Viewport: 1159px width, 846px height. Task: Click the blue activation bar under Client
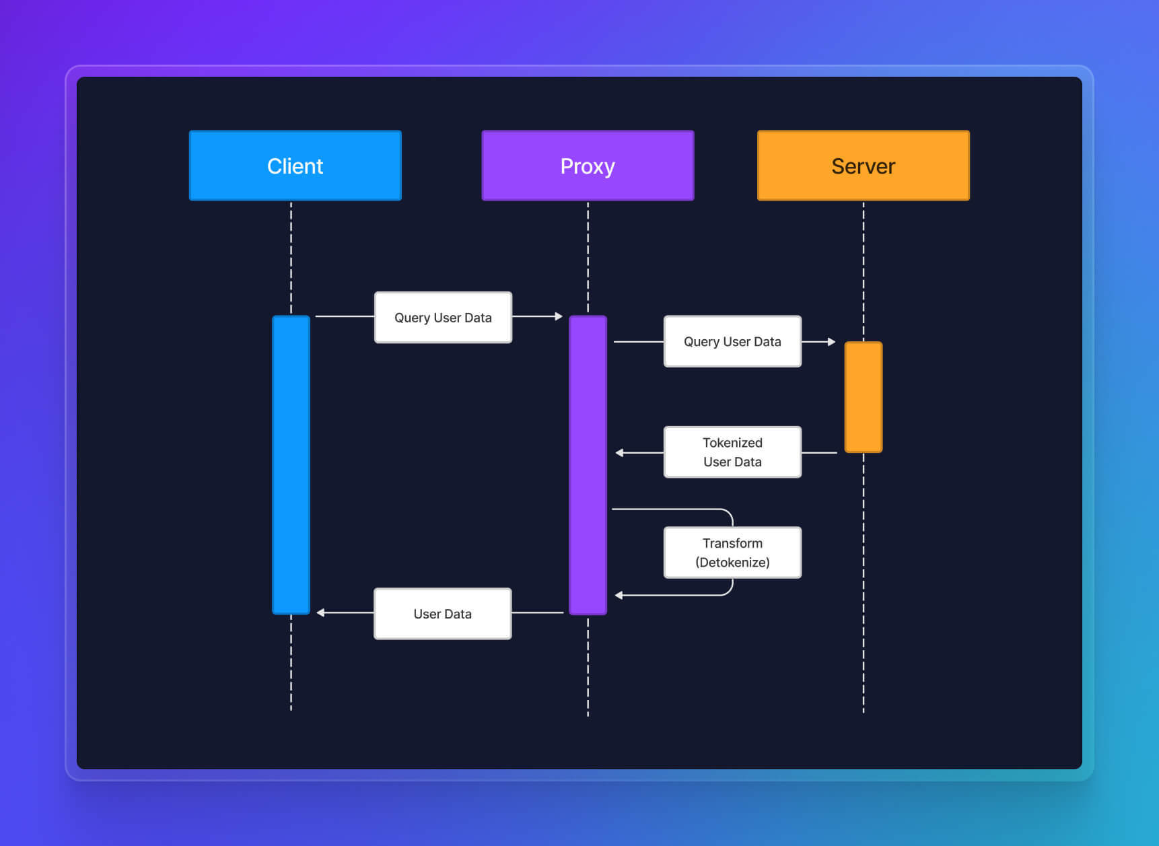291,464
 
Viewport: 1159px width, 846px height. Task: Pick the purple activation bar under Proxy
588,464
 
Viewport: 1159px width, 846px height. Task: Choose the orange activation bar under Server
863,397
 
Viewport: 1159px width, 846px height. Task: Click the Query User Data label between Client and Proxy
443,318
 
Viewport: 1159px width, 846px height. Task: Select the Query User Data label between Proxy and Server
732,342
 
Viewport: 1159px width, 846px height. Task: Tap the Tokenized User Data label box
732,452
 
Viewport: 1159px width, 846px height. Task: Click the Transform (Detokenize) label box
732,553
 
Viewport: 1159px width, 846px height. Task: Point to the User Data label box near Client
442,614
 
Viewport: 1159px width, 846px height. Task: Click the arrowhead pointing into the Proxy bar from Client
559,316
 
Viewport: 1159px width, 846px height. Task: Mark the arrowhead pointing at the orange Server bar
832,342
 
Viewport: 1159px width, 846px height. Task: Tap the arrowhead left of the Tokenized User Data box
619,453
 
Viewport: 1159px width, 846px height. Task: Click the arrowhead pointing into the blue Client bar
320,612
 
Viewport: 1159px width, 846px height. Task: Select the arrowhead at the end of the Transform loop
619,595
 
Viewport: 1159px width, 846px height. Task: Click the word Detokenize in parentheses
732,563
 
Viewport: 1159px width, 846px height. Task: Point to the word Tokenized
732,443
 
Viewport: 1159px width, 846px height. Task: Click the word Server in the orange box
863,166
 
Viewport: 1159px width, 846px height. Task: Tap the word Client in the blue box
295,166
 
